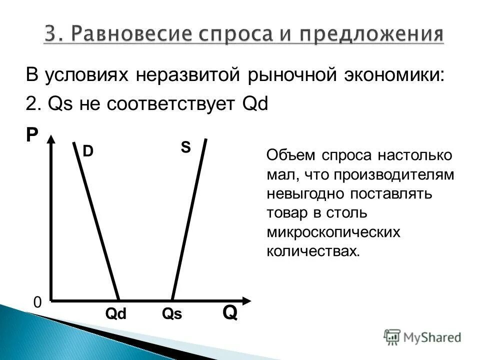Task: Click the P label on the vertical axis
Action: (x=32, y=134)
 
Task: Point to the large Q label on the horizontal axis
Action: (x=229, y=313)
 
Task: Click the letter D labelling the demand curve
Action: (x=88, y=151)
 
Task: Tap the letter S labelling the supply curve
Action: (x=185, y=147)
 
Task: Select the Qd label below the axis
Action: (x=116, y=314)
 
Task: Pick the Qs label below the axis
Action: (x=172, y=314)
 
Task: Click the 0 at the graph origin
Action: (x=37, y=303)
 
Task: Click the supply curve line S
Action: (x=189, y=220)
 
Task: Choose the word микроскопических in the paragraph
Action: (x=334, y=232)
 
